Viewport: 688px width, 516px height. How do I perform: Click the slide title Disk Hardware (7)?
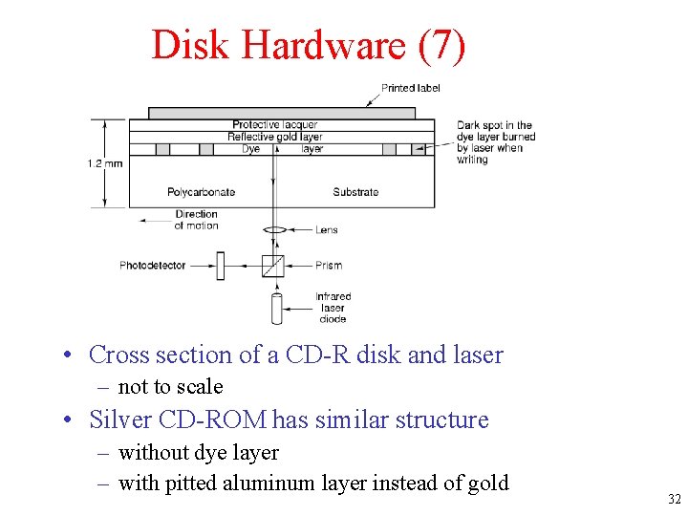tap(309, 45)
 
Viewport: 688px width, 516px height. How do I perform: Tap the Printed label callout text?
tap(411, 88)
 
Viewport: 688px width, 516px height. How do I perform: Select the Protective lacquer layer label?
tap(275, 124)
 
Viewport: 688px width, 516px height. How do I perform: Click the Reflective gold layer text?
tap(275, 137)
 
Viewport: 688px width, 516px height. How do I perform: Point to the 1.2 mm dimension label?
tap(105, 163)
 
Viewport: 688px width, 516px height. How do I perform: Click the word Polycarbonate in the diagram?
tap(201, 192)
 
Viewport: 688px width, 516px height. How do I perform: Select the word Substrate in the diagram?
tap(355, 192)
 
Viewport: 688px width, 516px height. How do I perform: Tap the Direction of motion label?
tap(196, 220)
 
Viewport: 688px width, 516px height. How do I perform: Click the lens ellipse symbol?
tap(274, 229)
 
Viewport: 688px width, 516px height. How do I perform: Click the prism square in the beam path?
tap(273, 265)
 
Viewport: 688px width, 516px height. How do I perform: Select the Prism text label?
tap(329, 265)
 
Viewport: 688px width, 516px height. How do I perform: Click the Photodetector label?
tap(153, 265)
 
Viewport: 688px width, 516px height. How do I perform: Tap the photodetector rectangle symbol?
tap(220, 265)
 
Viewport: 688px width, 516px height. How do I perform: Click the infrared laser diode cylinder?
tap(277, 308)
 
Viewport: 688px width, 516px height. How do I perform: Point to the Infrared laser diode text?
tap(333, 308)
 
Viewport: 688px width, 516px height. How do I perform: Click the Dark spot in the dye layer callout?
tap(495, 142)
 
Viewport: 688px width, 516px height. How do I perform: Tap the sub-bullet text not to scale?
tap(170, 387)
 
